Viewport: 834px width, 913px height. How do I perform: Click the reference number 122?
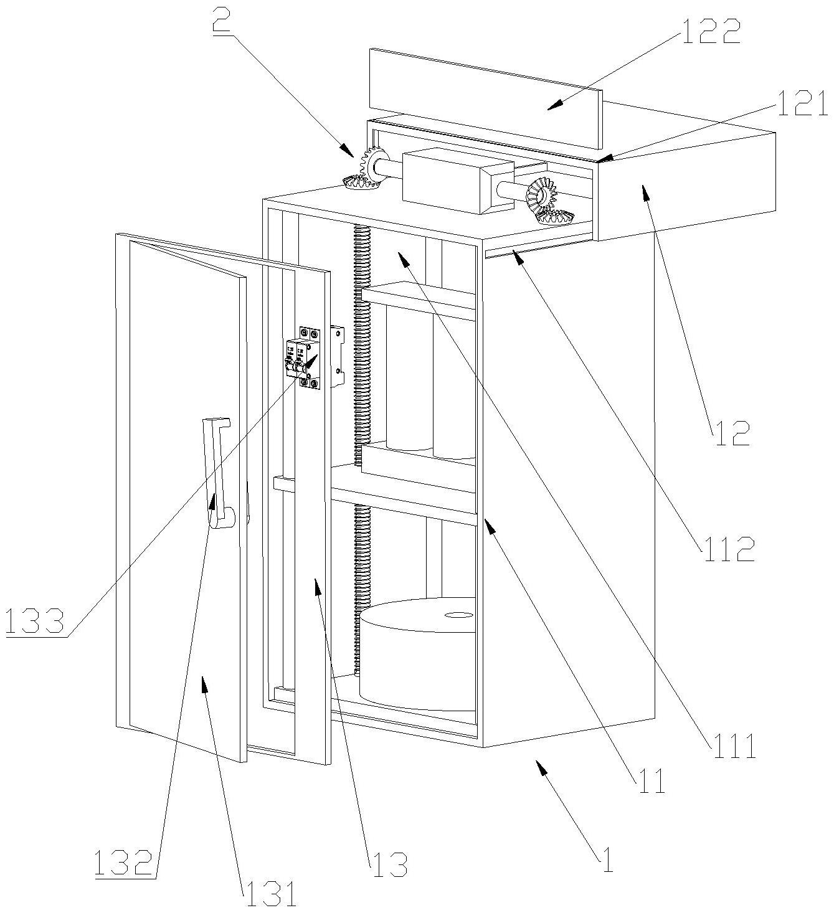tap(711, 32)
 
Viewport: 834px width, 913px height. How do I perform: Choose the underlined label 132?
tap(123, 863)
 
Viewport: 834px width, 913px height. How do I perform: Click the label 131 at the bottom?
tap(268, 896)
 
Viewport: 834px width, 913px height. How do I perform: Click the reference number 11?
tap(649, 781)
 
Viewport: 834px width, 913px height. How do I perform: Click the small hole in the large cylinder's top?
tap(459, 615)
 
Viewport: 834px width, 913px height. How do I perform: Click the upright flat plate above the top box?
tap(486, 100)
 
